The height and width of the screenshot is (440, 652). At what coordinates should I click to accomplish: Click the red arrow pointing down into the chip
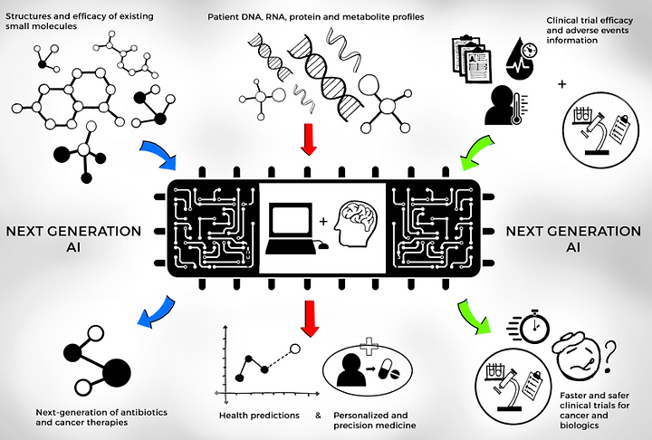coord(308,139)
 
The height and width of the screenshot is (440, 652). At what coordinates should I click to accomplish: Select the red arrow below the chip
coord(310,318)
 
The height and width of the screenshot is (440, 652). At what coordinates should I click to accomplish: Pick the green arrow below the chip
coord(475,316)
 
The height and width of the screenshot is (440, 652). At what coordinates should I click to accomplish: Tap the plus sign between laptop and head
coord(323,221)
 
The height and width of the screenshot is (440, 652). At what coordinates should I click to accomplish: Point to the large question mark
coord(609,356)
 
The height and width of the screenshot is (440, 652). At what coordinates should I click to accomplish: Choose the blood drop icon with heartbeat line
coord(520,57)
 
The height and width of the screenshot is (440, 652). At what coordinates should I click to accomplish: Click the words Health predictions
coord(259,416)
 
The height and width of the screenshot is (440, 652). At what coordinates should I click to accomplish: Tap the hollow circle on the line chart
coord(295,349)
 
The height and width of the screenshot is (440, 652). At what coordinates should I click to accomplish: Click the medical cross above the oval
coord(368,346)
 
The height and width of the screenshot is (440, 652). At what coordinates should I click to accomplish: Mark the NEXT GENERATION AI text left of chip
coord(73,239)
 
